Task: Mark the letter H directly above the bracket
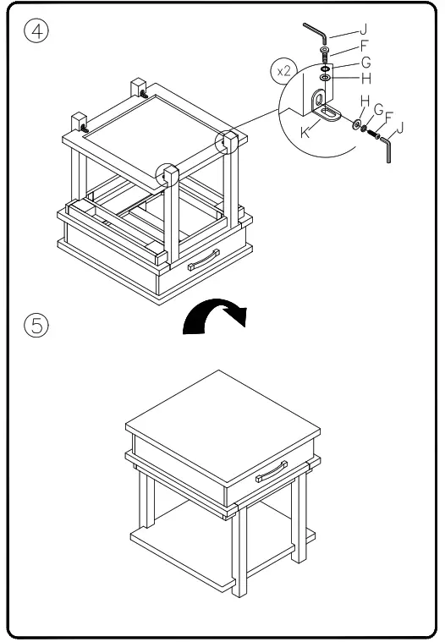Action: coord(340,78)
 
